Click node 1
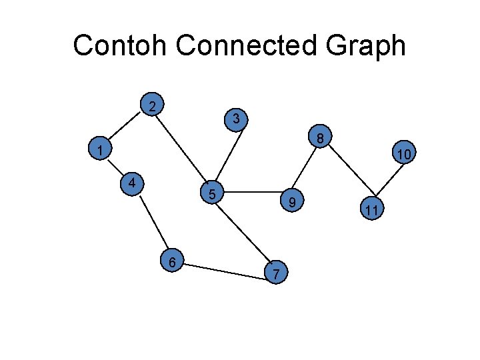99,150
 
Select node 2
153,105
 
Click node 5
212,194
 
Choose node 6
173,262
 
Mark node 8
320,139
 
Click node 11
372,210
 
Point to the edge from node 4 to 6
153,223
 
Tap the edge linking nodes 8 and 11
348,171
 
